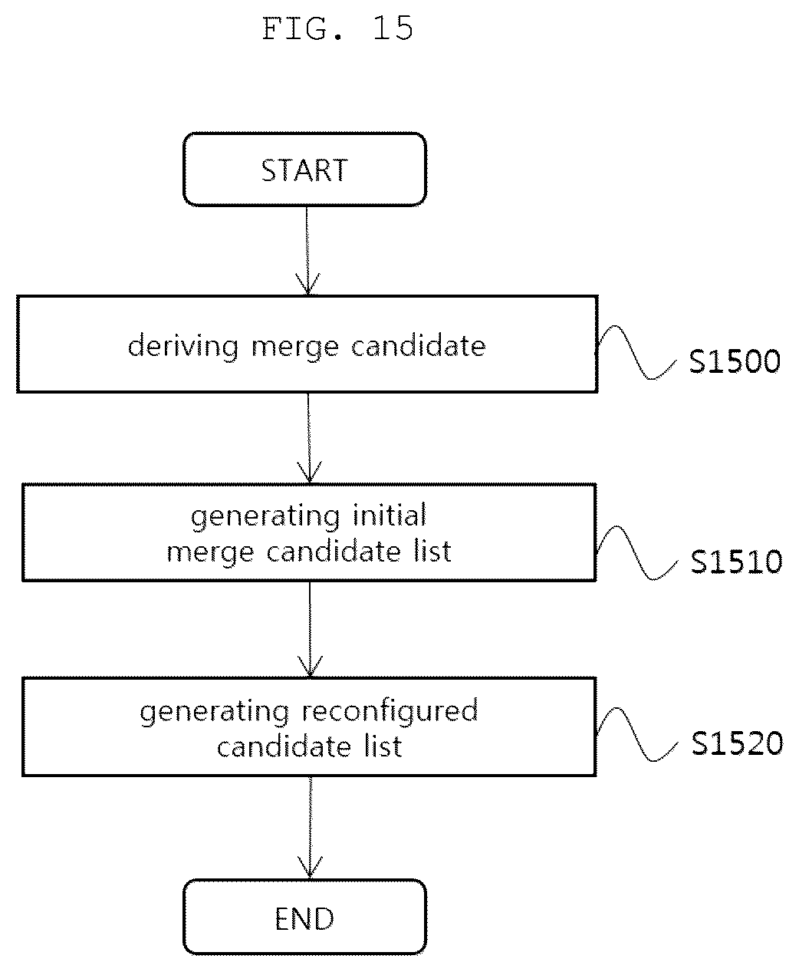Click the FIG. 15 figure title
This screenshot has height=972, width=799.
[x=337, y=28]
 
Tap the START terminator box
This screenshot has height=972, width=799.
[x=304, y=169]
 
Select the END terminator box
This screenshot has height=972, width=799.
[x=304, y=917]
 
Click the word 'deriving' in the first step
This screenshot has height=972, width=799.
[x=183, y=347]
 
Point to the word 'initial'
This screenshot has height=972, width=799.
[x=390, y=516]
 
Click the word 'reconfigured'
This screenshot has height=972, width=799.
[x=390, y=712]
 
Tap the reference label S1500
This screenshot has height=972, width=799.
[x=735, y=361]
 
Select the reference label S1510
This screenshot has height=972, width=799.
[x=736, y=562]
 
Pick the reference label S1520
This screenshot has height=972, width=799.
[x=737, y=743]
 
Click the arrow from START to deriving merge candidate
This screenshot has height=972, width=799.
[x=307, y=250]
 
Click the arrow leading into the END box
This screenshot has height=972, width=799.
[x=310, y=827]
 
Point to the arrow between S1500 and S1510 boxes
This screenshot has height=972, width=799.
[x=309, y=438]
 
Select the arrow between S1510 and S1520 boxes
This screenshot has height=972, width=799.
[x=310, y=629]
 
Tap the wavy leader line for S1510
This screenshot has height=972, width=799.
[x=636, y=553]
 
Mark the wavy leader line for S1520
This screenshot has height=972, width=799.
[x=636, y=735]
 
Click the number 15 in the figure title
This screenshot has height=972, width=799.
[x=393, y=28]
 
